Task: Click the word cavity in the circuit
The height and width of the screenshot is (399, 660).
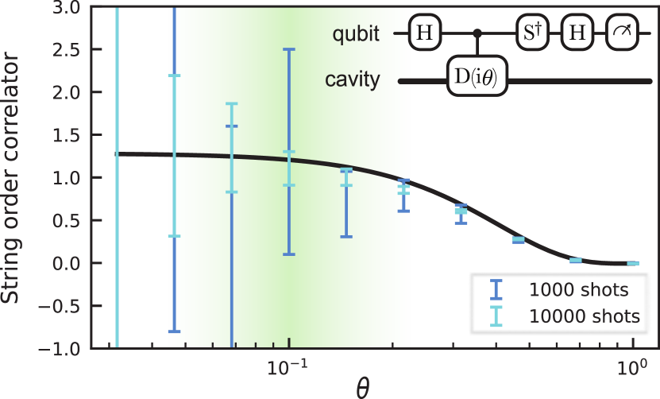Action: (352, 80)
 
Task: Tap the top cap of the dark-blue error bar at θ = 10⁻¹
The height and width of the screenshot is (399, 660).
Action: (289, 49)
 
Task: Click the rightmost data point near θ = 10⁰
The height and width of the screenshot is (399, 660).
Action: (633, 263)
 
